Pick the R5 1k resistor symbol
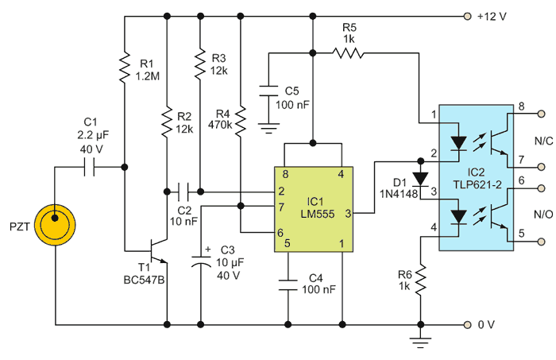[347, 53]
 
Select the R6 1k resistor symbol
[419, 280]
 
